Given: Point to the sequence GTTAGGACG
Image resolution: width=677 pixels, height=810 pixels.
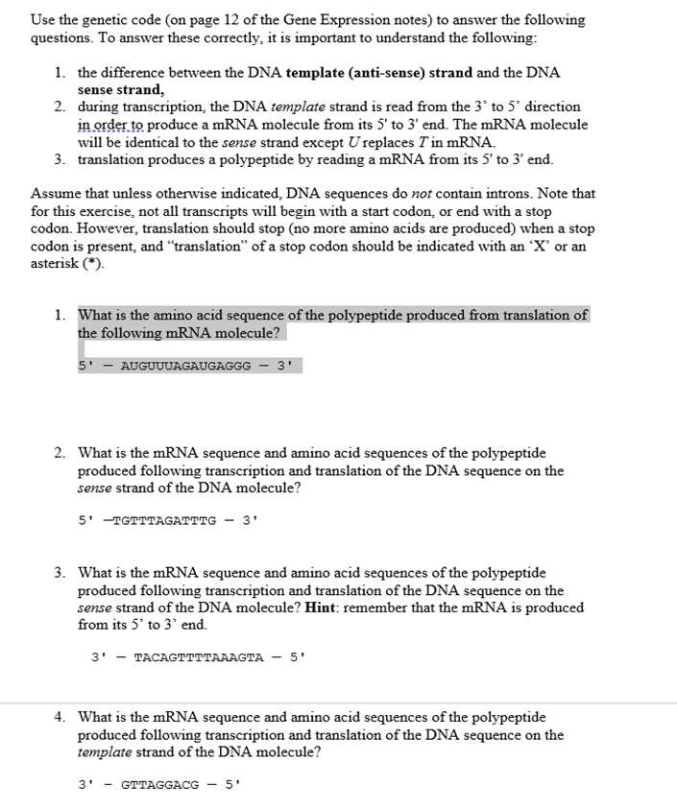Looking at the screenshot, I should (x=160, y=784).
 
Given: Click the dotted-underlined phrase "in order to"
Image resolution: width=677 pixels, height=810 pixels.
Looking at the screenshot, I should (x=110, y=125).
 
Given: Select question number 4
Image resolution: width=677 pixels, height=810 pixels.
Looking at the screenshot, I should (x=60, y=717).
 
